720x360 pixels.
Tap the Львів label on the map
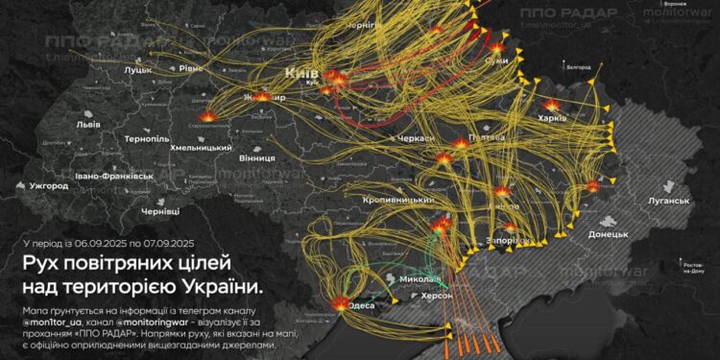pos(88,125)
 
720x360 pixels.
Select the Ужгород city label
pos(48,185)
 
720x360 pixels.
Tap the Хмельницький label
pos(202,147)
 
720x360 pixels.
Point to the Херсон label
pos(420,298)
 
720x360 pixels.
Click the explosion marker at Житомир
pos(264,97)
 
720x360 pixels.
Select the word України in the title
pos(221,286)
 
